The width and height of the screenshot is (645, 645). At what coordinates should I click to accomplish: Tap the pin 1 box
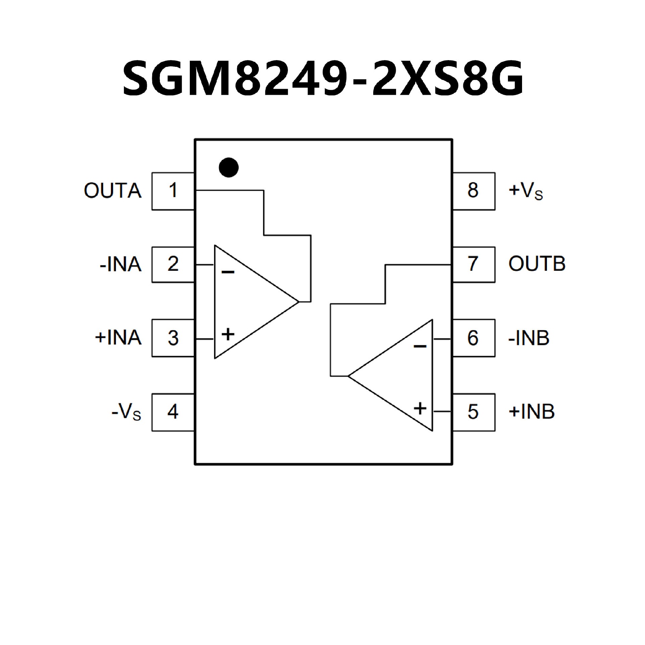173,191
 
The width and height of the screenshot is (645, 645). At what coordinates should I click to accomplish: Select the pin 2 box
173,265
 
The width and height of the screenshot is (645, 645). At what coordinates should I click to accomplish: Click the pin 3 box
173,338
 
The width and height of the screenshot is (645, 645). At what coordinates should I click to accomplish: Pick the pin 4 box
173,412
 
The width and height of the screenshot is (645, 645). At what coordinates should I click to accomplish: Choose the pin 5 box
473,412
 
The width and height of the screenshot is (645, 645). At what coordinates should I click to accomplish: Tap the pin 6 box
473,338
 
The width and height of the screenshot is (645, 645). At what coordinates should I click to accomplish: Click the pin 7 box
473,265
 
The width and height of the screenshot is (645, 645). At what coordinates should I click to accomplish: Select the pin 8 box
473,191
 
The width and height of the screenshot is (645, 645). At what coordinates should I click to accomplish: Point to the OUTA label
113,191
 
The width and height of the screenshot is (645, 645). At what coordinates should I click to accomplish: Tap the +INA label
118,338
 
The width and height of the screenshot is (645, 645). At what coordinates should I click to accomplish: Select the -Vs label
126,413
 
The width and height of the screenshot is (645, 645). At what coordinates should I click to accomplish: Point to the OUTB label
537,264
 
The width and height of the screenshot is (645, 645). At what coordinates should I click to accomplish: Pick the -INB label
529,338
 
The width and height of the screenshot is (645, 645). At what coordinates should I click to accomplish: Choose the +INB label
531,412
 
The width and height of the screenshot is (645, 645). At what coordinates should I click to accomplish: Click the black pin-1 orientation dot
228,167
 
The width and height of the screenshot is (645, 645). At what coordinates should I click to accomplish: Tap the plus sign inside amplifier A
228,335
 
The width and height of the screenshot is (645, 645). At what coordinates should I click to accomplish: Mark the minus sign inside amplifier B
420,346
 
